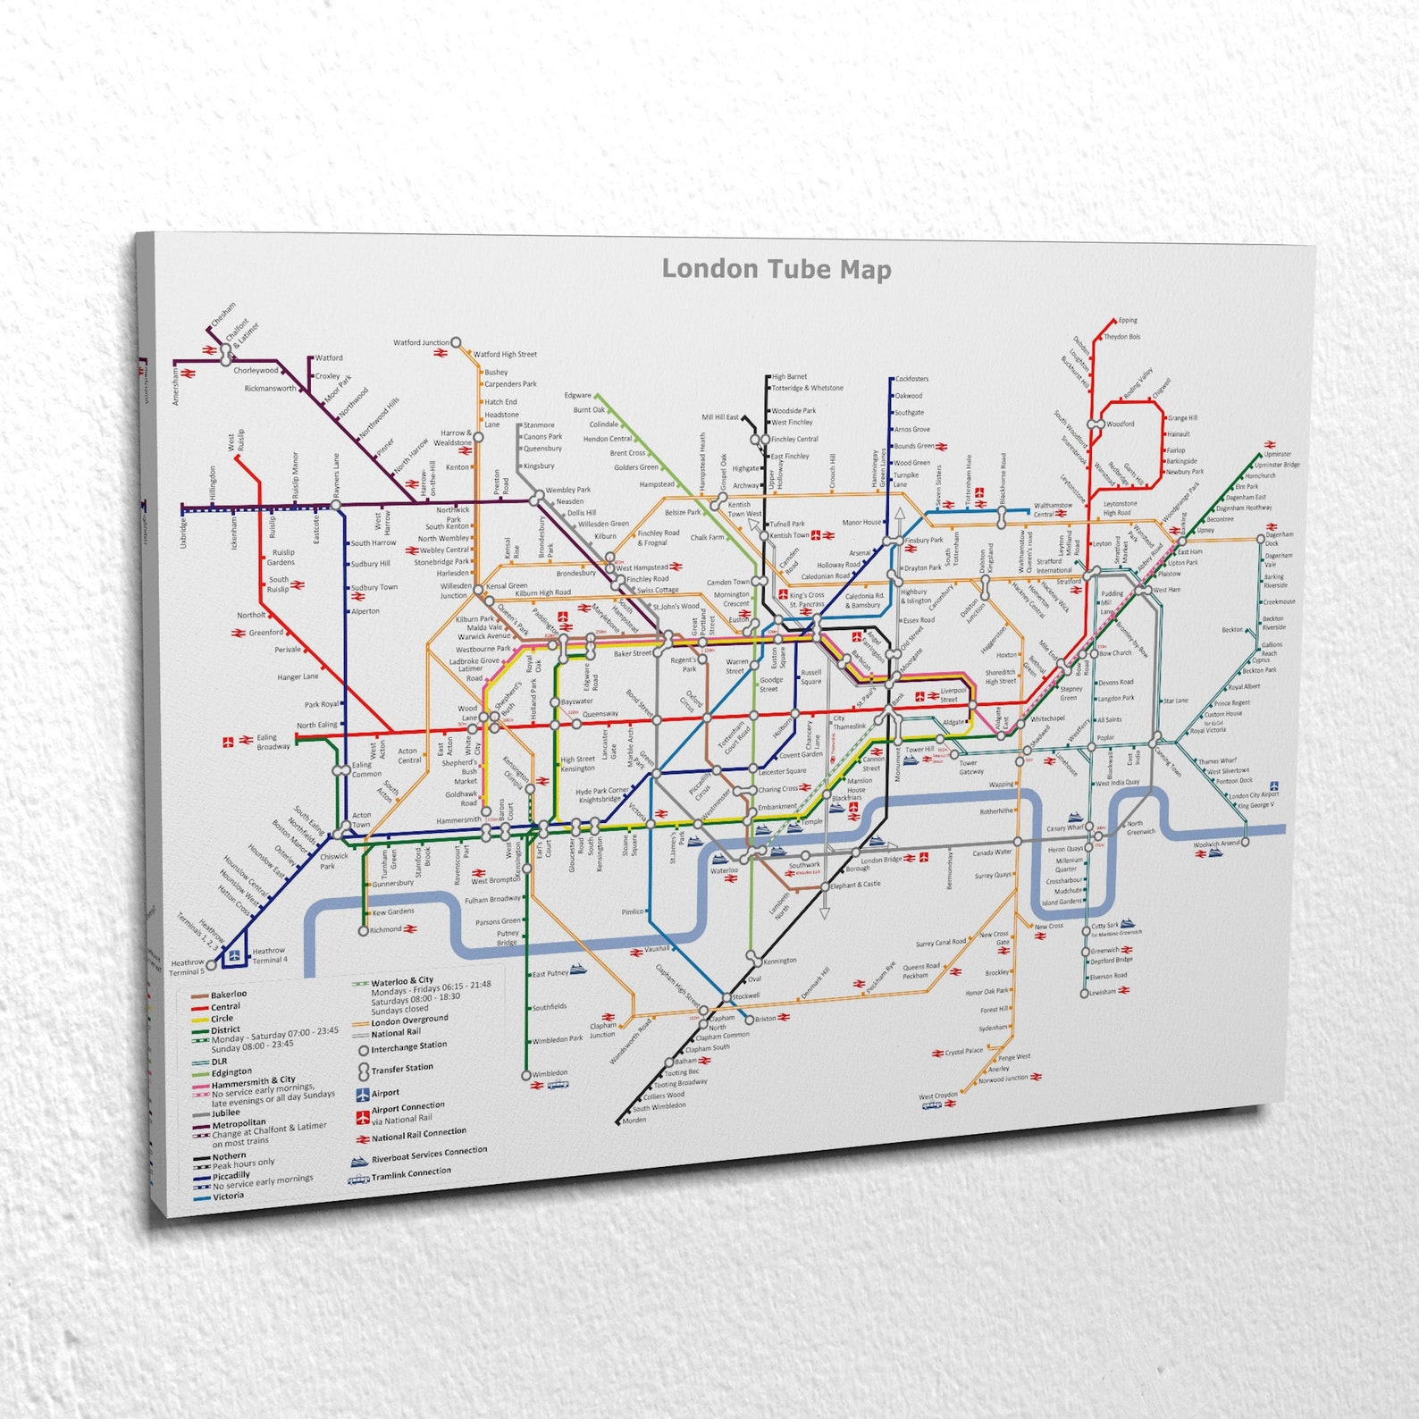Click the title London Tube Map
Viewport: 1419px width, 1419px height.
[776, 269]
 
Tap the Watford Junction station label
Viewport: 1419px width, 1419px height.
[421, 342]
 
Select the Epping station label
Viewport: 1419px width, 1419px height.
[1128, 320]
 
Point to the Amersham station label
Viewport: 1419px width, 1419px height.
[176, 387]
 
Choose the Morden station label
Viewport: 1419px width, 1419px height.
[634, 1120]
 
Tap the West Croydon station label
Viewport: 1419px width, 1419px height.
[937, 1096]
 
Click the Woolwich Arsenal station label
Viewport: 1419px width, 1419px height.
[1217, 844]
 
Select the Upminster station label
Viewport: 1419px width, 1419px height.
[1278, 454]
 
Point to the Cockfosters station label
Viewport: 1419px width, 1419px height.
[911, 379]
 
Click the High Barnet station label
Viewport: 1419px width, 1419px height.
[789, 377]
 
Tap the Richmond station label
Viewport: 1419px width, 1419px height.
[386, 929]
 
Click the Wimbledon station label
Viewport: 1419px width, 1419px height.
[550, 1073]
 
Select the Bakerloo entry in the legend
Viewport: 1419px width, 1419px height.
[229, 995]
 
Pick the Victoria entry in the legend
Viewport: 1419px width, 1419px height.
[228, 1196]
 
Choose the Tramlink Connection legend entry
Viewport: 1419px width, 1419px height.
[411, 1172]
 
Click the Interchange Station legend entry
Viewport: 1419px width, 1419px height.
[408, 1045]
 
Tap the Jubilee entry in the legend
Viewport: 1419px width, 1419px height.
[226, 1113]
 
